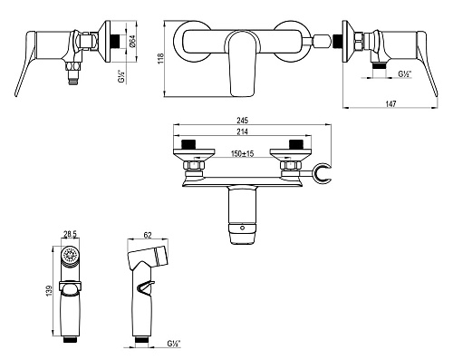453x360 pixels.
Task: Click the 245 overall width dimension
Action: pyautogui.click(x=242, y=121)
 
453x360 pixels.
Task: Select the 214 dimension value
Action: pyautogui.click(x=242, y=131)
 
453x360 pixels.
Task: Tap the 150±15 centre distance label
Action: pyautogui.click(x=242, y=153)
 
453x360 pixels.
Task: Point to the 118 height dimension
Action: pyautogui.click(x=160, y=58)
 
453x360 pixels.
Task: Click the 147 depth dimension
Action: pyautogui.click(x=390, y=103)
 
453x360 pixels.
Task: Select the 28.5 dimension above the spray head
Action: pyautogui.click(x=70, y=234)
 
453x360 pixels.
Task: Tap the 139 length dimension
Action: pyautogui.click(x=50, y=290)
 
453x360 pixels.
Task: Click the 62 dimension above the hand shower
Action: pyautogui.click(x=148, y=235)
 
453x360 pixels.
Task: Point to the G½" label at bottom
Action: pyautogui.click(x=173, y=344)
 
